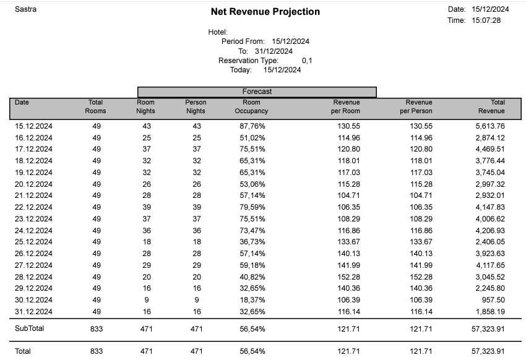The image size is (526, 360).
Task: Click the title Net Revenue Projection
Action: tap(265, 12)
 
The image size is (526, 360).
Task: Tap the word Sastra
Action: tap(25, 9)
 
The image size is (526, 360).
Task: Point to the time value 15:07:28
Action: tap(486, 20)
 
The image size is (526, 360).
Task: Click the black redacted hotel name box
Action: tap(284, 29)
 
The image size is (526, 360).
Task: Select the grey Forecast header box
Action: tap(257, 92)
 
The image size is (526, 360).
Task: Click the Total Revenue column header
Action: tap(491, 106)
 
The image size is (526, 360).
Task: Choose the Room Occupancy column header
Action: tap(251, 106)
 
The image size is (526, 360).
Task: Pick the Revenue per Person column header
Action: tap(419, 106)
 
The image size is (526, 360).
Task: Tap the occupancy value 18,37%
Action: tap(252, 299)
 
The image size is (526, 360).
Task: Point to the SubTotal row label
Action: tap(30, 328)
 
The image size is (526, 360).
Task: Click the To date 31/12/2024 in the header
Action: tap(274, 51)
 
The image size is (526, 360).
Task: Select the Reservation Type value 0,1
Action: tap(307, 61)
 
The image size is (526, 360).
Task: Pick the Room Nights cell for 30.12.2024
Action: tap(146, 299)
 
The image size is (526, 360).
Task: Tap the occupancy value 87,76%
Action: tap(252, 126)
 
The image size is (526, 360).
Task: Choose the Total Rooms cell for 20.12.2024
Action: tap(97, 184)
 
